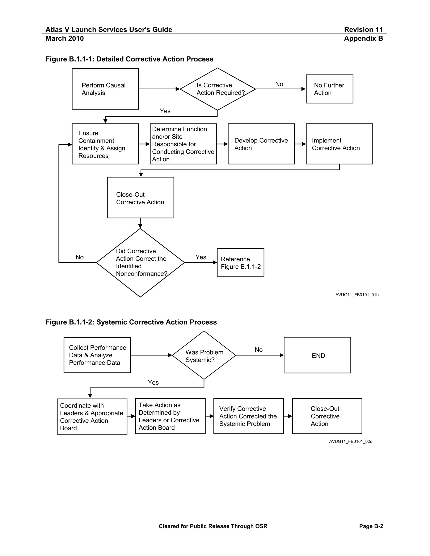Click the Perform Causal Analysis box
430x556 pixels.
[105, 89]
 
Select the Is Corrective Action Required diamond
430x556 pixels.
[217, 89]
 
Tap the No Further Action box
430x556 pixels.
[329, 89]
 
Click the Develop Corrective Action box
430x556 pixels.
[261, 144]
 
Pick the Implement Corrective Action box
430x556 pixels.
[339, 144]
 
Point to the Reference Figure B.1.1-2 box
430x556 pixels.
[240, 262]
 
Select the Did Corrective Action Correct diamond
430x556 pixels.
[140, 262]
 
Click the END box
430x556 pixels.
[317, 355]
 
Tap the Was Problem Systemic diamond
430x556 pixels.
[204, 355]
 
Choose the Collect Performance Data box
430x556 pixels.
[97, 355]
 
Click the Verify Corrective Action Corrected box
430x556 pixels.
[248, 416]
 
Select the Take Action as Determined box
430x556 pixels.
[170, 416]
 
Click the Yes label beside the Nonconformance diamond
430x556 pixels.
[201, 257]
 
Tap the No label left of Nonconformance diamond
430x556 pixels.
[80, 257]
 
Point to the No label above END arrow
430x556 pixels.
[258, 350]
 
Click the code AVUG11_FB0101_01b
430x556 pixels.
[357, 295]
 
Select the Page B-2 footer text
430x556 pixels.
[371, 526]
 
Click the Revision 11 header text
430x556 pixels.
[363, 30]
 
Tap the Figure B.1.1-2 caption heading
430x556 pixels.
[131, 322]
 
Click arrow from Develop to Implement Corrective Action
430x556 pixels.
[300, 144]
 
